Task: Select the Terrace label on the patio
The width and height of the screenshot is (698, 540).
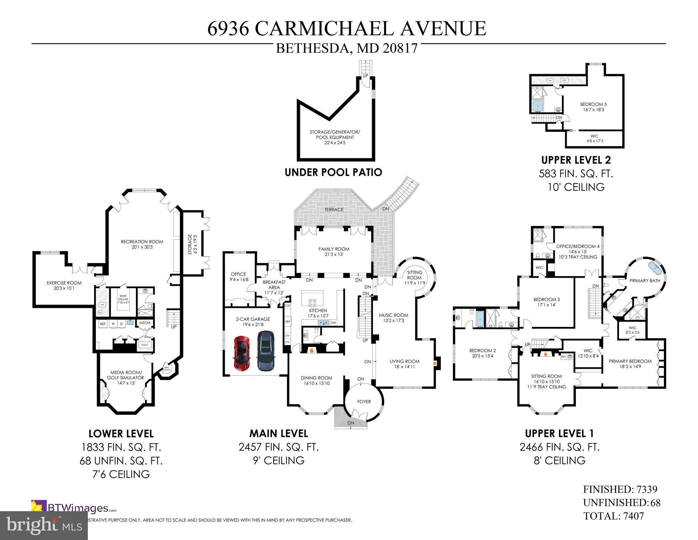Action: (x=334, y=210)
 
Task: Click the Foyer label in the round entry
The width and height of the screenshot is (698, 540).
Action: (x=364, y=401)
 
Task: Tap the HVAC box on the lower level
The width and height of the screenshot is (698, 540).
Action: (x=145, y=345)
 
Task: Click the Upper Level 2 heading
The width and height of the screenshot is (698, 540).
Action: (x=576, y=160)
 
